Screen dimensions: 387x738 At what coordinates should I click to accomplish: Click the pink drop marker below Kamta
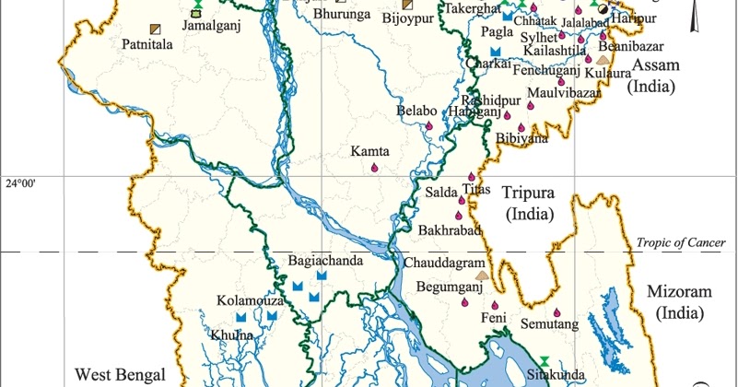pyautogui.click(x=373, y=168)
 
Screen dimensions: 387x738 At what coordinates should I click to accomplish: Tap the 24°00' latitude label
pyautogui.click(x=20, y=184)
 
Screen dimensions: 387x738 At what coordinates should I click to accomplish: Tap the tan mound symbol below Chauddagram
pyautogui.click(x=480, y=274)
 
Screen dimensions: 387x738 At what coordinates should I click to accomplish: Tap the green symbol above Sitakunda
pyautogui.click(x=544, y=359)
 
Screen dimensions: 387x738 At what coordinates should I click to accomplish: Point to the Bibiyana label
pyautogui.click(x=521, y=138)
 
